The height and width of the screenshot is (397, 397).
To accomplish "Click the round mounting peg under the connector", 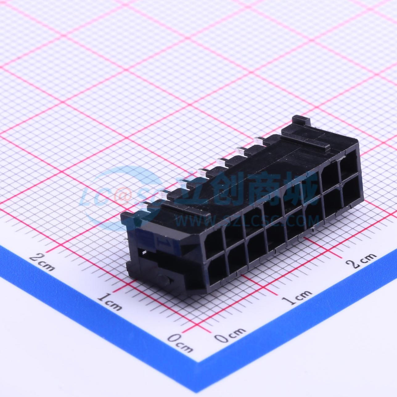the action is (166, 280).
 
